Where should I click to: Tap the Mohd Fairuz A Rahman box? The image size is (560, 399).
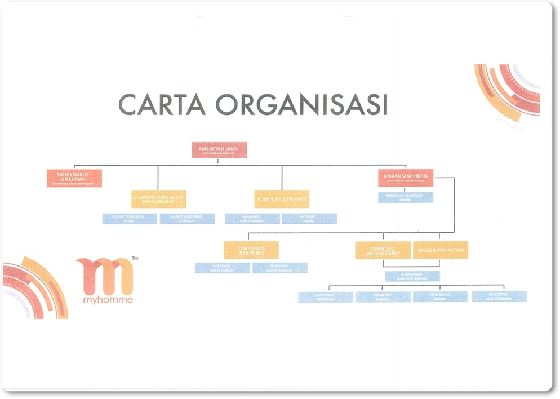coord(74,178)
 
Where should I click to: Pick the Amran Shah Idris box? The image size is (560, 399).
coord(406,178)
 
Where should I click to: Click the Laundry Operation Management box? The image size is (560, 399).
coord(158,199)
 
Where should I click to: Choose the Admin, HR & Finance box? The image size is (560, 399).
coord(282,199)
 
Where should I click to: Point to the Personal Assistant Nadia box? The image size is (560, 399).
coord(406,197)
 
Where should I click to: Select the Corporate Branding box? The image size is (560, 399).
coord(251,250)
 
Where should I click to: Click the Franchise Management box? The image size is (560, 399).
coord(383,250)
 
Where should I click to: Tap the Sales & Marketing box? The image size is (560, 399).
coord(440,250)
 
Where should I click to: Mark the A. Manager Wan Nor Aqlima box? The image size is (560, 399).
coord(412,276)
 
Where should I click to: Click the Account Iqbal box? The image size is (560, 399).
coord(309,219)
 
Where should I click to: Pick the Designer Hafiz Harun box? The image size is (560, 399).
coord(223,268)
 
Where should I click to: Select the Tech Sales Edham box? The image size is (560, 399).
coord(440,296)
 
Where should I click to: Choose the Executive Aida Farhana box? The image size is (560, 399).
coord(499,296)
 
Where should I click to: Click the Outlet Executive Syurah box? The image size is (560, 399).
coord(187,219)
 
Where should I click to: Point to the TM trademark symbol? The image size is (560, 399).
coord(135,258)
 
